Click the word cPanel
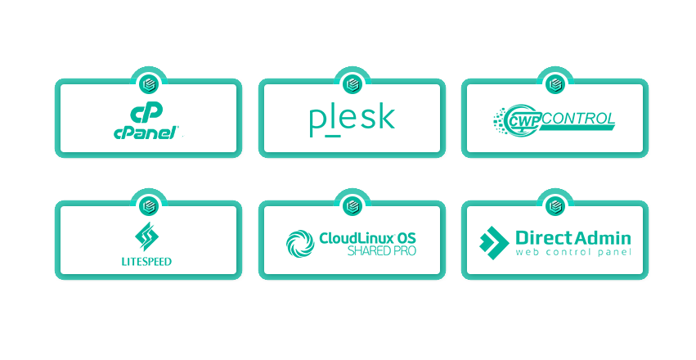[x=146, y=133]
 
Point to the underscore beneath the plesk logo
[x=333, y=135]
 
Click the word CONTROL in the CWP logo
[x=578, y=119]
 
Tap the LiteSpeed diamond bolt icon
[x=147, y=236]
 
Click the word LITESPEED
[x=146, y=262]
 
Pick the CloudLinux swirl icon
[x=300, y=244]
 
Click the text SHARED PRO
[x=382, y=251]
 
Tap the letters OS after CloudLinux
[x=406, y=238]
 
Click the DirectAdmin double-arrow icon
[x=494, y=243]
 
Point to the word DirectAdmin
[x=573, y=238]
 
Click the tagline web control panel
[x=573, y=252]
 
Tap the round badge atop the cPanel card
[x=149, y=84]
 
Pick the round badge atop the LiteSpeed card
[x=149, y=206]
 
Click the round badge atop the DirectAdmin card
[x=555, y=206]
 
